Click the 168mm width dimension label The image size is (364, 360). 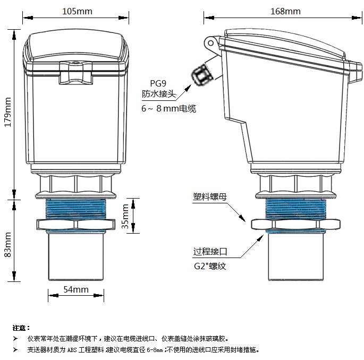(285, 11)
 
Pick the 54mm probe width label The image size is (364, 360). (75, 289)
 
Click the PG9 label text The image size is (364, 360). (158, 83)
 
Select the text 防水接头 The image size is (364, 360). (158, 95)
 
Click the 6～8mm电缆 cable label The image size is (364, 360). (168, 108)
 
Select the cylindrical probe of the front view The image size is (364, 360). (75, 258)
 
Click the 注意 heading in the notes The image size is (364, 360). (21, 328)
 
